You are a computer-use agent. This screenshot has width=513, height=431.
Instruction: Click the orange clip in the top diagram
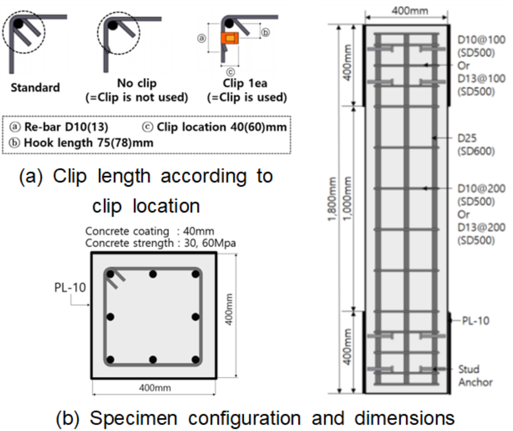pos(229,39)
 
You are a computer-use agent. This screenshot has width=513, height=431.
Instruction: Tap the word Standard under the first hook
pos(34,87)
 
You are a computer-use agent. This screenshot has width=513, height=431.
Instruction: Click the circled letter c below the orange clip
pos(230,71)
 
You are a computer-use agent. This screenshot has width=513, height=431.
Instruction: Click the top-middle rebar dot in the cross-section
pos(153,275)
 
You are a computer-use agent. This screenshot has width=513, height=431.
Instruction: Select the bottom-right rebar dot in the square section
pos(195,359)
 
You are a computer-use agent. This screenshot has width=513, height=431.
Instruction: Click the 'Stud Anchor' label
pos(476,375)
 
